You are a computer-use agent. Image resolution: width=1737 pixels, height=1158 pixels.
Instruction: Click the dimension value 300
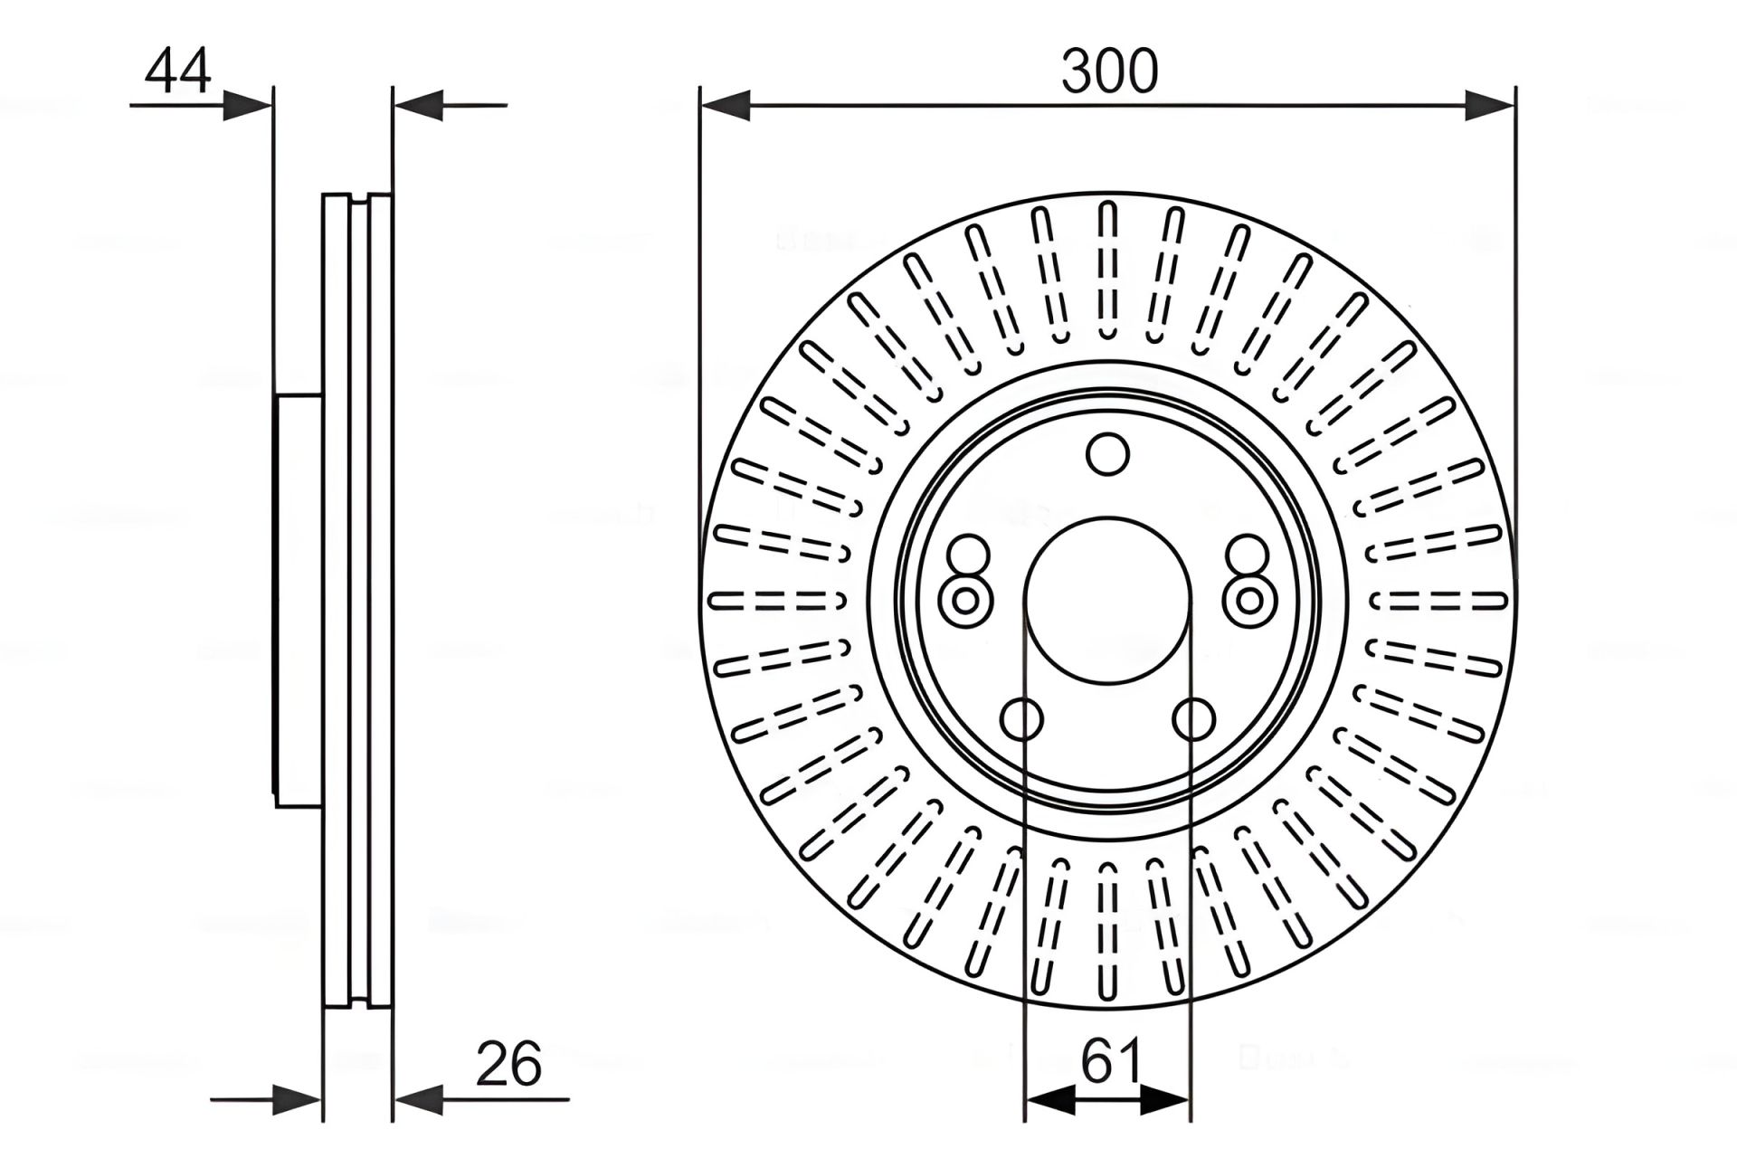coord(1109,72)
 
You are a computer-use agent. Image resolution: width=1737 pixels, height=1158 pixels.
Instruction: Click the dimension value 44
coord(178,71)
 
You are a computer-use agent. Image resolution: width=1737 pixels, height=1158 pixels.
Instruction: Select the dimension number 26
coord(508,1064)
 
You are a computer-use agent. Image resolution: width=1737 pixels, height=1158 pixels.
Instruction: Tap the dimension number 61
coord(1111,1060)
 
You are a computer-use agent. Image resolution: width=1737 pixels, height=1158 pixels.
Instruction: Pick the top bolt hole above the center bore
coord(1107,454)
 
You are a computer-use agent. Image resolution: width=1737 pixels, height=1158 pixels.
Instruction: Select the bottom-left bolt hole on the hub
coord(1022,720)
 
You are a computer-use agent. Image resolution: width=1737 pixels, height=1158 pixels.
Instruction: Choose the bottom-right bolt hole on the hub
coord(1193,720)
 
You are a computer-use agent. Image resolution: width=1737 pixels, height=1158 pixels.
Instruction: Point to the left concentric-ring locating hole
coord(966,600)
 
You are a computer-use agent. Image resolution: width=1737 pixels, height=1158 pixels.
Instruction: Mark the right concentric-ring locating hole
coord(1250,600)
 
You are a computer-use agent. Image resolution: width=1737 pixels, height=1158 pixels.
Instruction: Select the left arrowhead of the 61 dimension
coord(1049,1100)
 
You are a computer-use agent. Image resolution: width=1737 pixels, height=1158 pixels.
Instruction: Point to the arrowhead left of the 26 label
coord(418,1100)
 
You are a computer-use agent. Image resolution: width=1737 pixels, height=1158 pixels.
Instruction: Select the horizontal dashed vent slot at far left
coord(776,600)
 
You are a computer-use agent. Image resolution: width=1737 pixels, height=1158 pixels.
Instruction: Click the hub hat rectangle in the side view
coord(299,600)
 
